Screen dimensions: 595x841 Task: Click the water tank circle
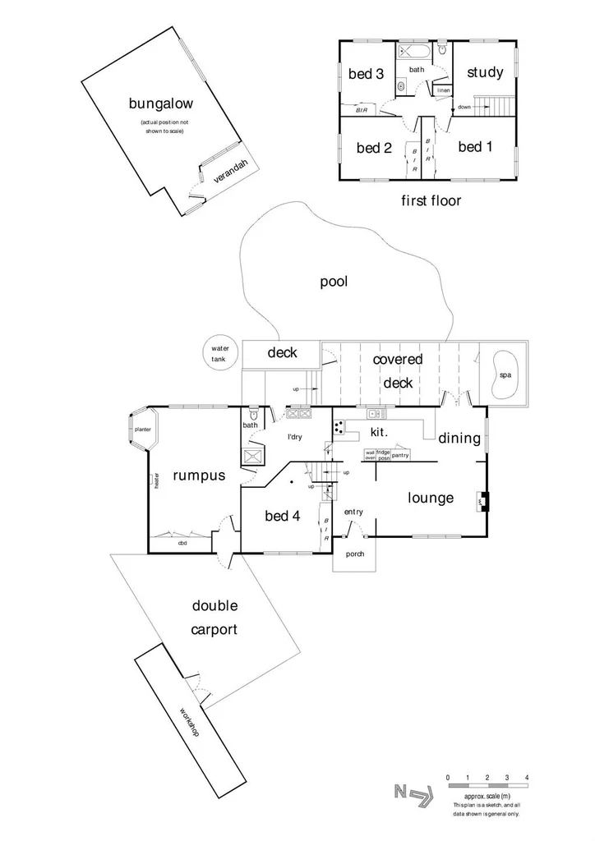coord(219,354)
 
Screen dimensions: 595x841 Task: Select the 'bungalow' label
coord(161,103)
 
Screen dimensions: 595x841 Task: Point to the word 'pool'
coord(334,283)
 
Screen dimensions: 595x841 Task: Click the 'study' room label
coord(485,72)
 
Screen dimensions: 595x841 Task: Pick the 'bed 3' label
coord(367,74)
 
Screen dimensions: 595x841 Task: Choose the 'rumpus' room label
coord(199,476)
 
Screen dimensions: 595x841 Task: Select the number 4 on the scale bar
coord(527,777)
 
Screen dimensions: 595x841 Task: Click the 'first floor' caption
coord(431,200)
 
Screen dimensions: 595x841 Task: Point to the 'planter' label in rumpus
coord(142,430)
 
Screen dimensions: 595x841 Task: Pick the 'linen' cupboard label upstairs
coord(443,90)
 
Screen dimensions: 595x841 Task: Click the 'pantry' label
coord(400,454)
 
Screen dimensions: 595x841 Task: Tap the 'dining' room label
coord(459,439)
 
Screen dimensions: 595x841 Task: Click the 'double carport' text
coord(214,618)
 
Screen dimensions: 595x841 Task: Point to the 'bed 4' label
coord(282,516)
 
